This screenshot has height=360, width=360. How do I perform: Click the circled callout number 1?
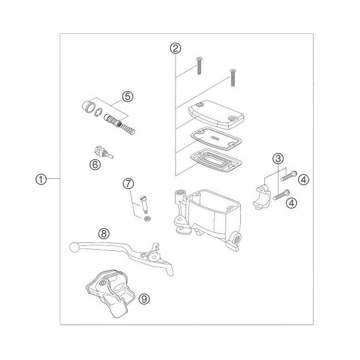pos(41,179)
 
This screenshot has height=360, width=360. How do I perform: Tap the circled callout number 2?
pos(175,48)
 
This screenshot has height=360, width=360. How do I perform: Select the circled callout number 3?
pos(278,158)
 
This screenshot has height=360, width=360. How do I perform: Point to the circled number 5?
pos(128,96)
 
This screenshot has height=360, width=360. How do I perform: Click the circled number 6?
pos(95,165)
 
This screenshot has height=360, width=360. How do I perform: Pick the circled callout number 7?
pos(128,183)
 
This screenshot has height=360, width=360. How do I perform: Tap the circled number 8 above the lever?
pos(103,234)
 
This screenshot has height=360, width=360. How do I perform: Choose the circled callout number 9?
pos(145,299)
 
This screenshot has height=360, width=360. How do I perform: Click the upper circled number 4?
pos(304,179)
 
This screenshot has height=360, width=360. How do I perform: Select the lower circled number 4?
pos(291,203)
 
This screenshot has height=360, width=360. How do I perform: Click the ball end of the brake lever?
pos(74,247)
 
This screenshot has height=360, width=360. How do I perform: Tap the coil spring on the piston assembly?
pos(128,129)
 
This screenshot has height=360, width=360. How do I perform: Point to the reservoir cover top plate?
pos(216,115)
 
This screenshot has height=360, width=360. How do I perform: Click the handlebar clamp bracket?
pos(262,197)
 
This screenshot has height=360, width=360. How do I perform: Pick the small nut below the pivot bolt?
pos(147,218)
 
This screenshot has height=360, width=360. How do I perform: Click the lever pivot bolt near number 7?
pos(144,204)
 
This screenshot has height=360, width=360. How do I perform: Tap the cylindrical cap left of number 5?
pos(89,106)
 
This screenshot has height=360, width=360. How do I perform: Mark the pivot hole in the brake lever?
pos(154,257)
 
